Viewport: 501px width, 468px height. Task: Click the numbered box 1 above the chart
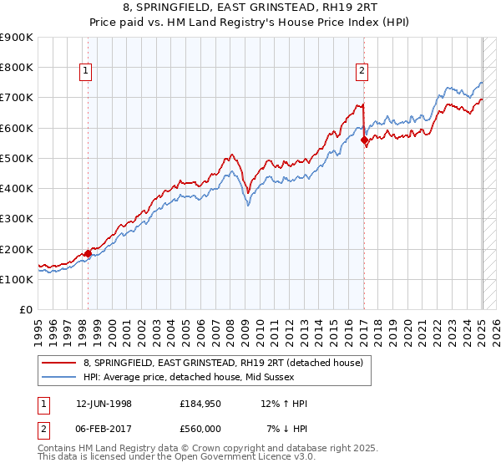coord(87,72)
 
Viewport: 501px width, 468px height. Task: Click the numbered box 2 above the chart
coord(362,72)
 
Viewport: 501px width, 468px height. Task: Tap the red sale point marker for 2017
coord(364,140)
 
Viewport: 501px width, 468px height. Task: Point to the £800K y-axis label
coord(16,68)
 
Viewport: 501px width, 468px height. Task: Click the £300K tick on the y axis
coord(16,219)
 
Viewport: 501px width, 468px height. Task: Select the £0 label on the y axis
coord(25,310)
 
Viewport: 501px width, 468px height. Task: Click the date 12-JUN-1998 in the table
coord(102,404)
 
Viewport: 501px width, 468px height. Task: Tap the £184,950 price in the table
coord(199,404)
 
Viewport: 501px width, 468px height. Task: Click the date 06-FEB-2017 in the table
coord(102,428)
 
